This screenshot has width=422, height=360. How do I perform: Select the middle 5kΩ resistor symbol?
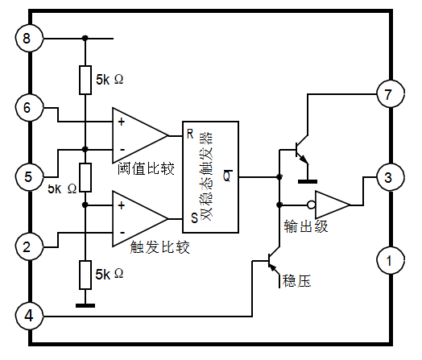(85, 177)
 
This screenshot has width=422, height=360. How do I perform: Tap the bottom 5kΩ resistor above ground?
(85, 275)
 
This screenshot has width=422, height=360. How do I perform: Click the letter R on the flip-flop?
(190, 134)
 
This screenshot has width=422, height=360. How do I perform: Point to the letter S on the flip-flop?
(194, 217)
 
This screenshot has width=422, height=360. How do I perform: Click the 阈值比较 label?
(146, 169)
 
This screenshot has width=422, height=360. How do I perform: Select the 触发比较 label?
(160, 247)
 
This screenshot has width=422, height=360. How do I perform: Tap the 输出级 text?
(306, 226)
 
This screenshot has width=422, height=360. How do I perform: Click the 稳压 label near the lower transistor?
(296, 281)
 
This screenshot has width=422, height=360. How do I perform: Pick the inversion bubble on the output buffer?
(312, 205)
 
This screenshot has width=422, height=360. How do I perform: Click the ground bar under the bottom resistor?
(85, 305)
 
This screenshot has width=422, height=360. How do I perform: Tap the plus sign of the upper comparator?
(122, 122)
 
